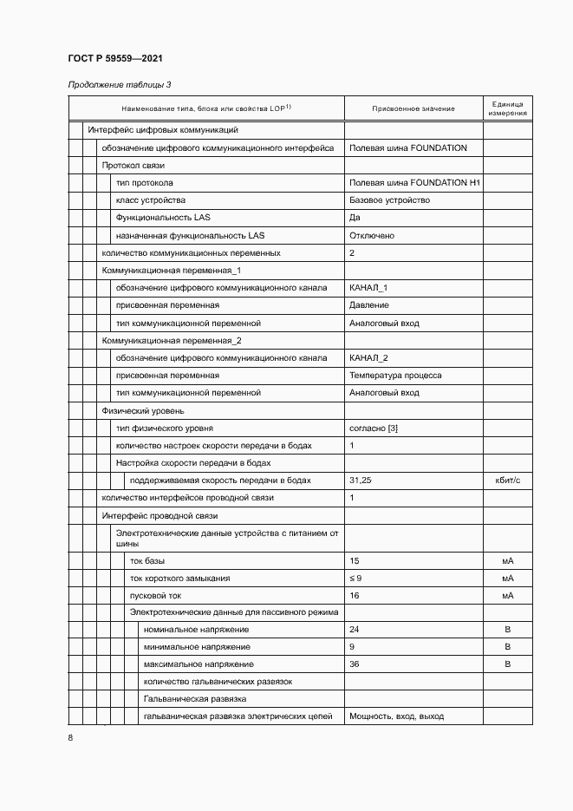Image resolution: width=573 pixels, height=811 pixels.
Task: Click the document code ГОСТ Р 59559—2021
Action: click(114, 58)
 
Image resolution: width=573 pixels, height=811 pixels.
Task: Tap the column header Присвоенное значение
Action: click(413, 108)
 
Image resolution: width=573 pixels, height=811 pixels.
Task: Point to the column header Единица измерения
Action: click(507, 108)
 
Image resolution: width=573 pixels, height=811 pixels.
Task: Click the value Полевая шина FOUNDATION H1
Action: click(414, 183)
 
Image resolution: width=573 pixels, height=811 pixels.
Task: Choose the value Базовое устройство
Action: click(389, 200)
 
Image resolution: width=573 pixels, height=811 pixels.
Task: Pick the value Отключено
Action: click(372, 235)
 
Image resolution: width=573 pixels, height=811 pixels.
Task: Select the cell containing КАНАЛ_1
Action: click(368, 288)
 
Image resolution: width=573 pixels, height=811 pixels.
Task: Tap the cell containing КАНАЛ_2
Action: click(368, 358)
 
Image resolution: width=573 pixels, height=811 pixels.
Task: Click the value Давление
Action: click(368, 305)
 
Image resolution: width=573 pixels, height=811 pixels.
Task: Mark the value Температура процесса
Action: click(395, 376)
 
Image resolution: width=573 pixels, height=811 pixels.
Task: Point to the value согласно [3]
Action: click(374, 428)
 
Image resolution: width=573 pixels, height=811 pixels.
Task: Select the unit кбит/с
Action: click(507, 481)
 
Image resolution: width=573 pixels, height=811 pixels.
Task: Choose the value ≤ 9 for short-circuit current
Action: click(355, 578)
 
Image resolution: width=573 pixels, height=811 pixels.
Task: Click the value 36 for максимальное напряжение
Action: click(354, 664)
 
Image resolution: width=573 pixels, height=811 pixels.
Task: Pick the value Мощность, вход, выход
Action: click(396, 716)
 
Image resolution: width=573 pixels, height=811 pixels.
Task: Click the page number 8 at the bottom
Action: click(71, 737)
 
